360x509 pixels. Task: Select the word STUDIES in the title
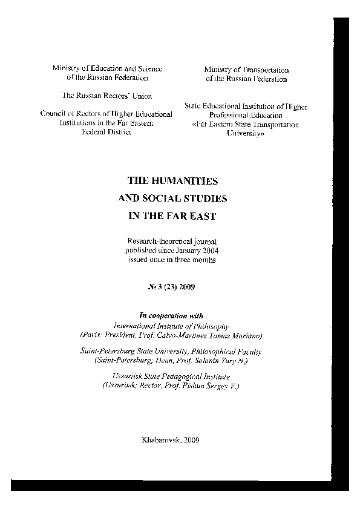coord(198,199)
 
